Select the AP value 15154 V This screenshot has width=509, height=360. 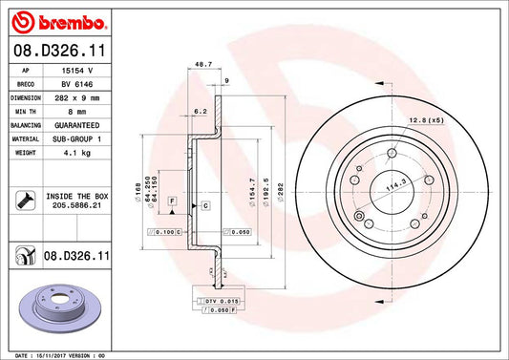point(77,70)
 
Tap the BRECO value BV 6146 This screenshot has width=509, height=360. point(77,83)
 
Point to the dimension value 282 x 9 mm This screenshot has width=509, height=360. point(77,96)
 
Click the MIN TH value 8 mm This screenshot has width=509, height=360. point(77,111)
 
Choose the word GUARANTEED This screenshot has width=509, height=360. point(77,124)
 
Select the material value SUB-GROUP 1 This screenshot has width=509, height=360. point(77,138)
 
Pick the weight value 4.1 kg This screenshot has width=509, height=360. point(77,151)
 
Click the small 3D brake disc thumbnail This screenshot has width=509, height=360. point(61,308)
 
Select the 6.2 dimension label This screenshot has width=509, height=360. point(199,112)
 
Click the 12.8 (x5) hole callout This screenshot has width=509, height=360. point(427,119)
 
